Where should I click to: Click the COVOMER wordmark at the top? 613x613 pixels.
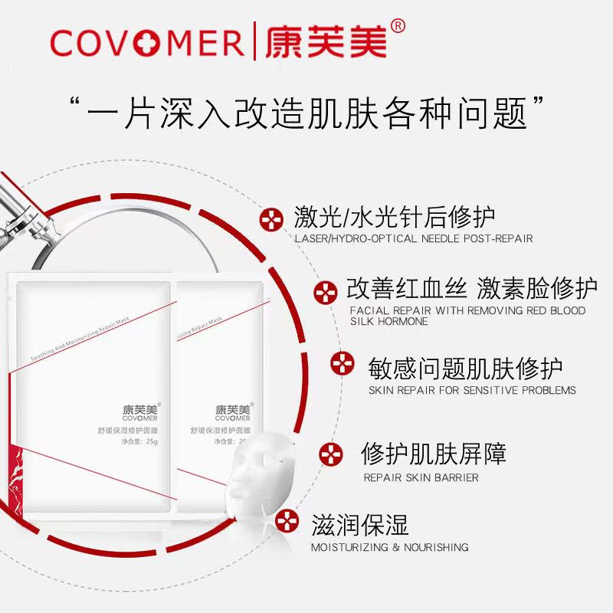pyautogui.click(x=147, y=41)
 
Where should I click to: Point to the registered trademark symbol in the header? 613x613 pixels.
pyautogui.click(x=397, y=26)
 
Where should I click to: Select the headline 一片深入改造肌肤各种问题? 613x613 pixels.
pyautogui.click(x=306, y=117)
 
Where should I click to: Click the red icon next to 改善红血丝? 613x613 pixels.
pyautogui.click(x=326, y=292)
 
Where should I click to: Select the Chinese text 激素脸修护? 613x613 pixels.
pyautogui.click(x=536, y=289)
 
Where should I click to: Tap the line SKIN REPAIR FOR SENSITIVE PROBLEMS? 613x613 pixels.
pyautogui.click(x=472, y=390)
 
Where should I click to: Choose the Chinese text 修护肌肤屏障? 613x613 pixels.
pyautogui.click(x=433, y=454)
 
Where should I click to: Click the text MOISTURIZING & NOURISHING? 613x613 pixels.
pyautogui.click(x=390, y=547)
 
